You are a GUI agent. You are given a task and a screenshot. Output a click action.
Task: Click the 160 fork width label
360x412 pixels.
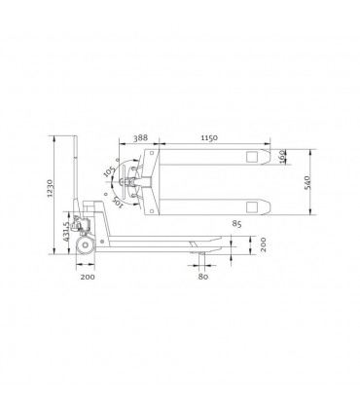283,158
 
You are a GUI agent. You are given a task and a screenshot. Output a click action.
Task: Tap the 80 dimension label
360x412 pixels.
203,277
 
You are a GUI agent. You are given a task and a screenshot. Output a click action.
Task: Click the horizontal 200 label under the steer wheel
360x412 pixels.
89,277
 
